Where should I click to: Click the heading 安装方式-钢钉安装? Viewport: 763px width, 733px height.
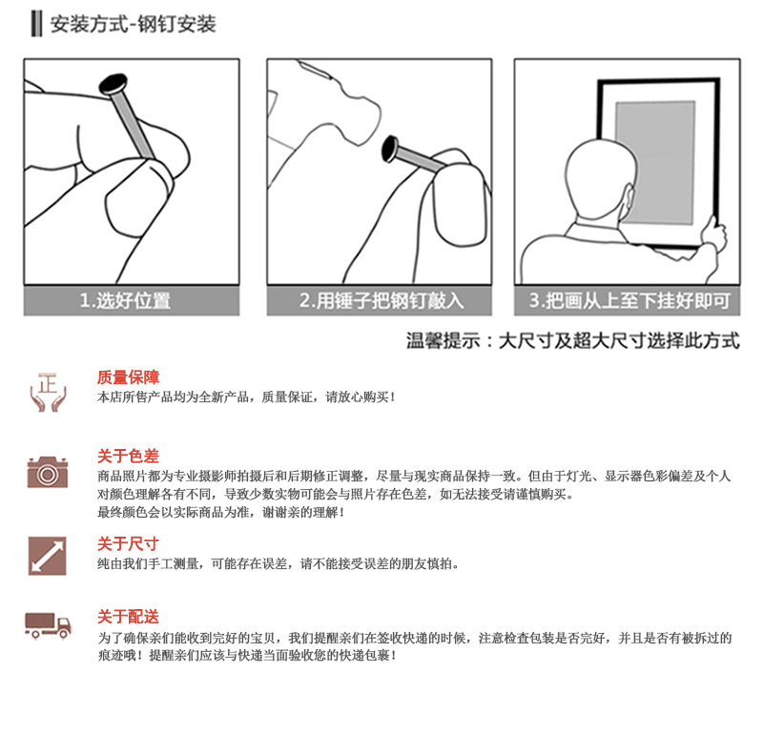(133, 25)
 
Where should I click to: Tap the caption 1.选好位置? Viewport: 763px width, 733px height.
(126, 300)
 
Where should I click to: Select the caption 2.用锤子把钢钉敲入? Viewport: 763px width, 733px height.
(381, 300)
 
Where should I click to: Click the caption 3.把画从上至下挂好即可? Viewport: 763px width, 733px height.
(629, 300)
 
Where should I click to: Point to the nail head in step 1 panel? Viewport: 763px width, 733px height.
(113, 84)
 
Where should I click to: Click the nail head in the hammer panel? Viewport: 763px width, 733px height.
(390, 149)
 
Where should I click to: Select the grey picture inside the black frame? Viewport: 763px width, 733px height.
(655, 163)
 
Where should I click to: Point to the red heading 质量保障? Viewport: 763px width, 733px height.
(128, 377)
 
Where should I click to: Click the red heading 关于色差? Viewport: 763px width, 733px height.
(128, 456)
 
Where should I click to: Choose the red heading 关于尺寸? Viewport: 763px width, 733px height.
(128, 543)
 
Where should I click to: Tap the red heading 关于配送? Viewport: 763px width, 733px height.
(128, 617)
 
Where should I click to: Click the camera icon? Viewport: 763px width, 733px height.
(47, 472)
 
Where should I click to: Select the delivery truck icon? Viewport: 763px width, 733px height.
(49, 625)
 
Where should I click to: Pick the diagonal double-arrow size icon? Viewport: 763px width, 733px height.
(47, 556)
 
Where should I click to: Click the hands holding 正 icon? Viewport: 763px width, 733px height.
(48, 393)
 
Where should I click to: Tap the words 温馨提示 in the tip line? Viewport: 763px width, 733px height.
(443, 340)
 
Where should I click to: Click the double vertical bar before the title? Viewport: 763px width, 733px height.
(36, 25)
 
